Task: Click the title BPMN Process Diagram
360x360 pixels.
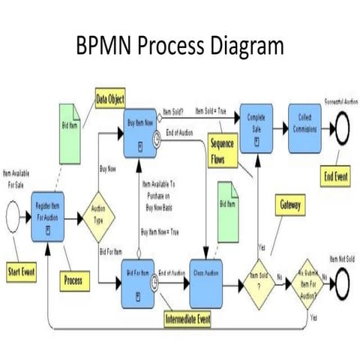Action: coord(180,46)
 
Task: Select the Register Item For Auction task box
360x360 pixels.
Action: coord(47,216)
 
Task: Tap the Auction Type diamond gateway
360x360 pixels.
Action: coord(99,217)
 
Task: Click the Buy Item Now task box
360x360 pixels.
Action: coord(141,130)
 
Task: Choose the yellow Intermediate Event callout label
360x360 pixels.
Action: coord(187,320)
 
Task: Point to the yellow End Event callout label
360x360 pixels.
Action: coord(335,177)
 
